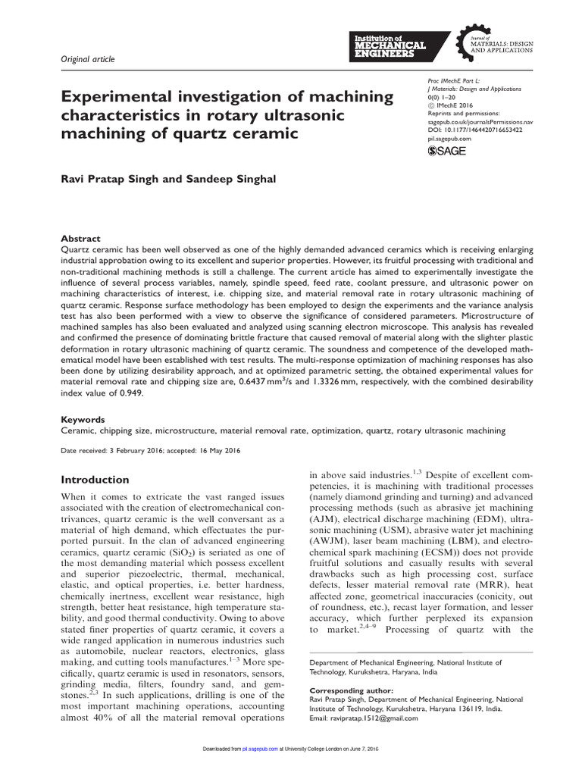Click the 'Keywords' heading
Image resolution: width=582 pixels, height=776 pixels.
pyautogui.click(x=83, y=419)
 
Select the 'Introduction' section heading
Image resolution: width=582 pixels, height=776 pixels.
pyautogui.click(x=95, y=480)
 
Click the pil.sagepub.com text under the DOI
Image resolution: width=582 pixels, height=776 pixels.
pyautogui.click(x=445, y=139)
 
